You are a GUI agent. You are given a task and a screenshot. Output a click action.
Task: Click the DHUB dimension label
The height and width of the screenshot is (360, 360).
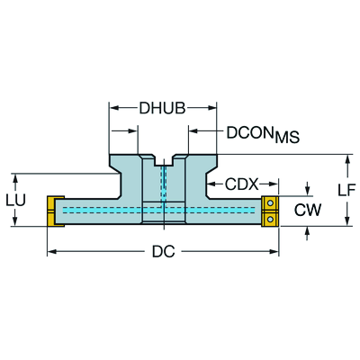(x=162, y=108)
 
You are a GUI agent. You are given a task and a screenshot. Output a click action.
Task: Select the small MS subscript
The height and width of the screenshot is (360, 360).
(x=287, y=138)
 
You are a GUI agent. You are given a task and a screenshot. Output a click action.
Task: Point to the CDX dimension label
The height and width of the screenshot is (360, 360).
(x=242, y=184)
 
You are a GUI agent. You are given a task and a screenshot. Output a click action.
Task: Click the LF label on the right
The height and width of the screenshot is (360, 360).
(x=346, y=190)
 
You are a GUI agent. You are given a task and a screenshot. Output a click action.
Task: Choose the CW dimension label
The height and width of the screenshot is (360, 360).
(x=308, y=210)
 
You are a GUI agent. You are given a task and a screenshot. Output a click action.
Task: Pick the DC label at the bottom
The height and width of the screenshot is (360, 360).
(x=164, y=251)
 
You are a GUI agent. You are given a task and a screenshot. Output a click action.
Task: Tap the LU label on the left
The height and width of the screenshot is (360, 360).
(x=15, y=200)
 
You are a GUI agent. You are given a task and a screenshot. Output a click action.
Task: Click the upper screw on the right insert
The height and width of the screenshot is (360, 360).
(x=271, y=203)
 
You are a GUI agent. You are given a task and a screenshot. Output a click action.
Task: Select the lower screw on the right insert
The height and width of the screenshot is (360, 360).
(x=271, y=219)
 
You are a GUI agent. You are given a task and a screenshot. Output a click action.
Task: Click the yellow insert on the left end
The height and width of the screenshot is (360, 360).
(x=56, y=211)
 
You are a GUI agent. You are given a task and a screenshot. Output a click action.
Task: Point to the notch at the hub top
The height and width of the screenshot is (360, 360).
(x=164, y=160)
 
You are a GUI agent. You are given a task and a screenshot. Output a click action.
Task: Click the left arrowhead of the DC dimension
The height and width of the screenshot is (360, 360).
(x=52, y=251)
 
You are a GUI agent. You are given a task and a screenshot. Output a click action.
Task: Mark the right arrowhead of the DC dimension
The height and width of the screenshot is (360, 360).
(x=274, y=251)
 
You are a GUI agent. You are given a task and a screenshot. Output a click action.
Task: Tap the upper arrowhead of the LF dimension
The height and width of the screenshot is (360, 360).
(x=347, y=159)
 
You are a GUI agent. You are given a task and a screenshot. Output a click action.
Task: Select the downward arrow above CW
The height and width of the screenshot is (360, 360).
(x=307, y=188)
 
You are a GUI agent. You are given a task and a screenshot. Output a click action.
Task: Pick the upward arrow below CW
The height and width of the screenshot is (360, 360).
(x=307, y=234)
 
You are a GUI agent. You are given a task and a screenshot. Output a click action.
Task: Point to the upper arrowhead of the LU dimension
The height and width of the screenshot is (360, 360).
(x=15, y=179)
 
